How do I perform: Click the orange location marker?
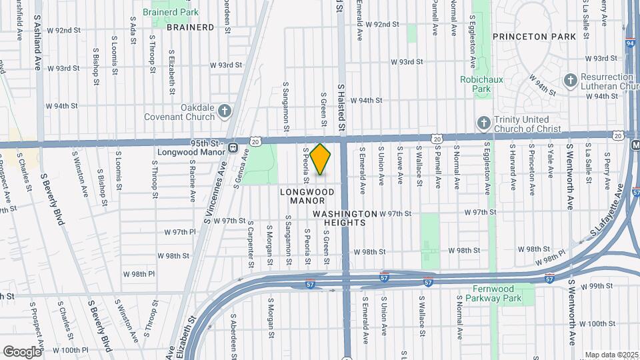pyautogui.click(x=321, y=159)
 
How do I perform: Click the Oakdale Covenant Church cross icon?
pyautogui.click(x=225, y=111)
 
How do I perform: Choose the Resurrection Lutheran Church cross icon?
pyautogui.click(x=569, y=81)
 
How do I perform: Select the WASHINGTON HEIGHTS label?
pyautogui.click(x=345, y=218)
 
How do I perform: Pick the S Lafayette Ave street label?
pyautogui.click(x=610, y=217)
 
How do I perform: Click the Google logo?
pyautogui.click(x=23, y=351)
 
